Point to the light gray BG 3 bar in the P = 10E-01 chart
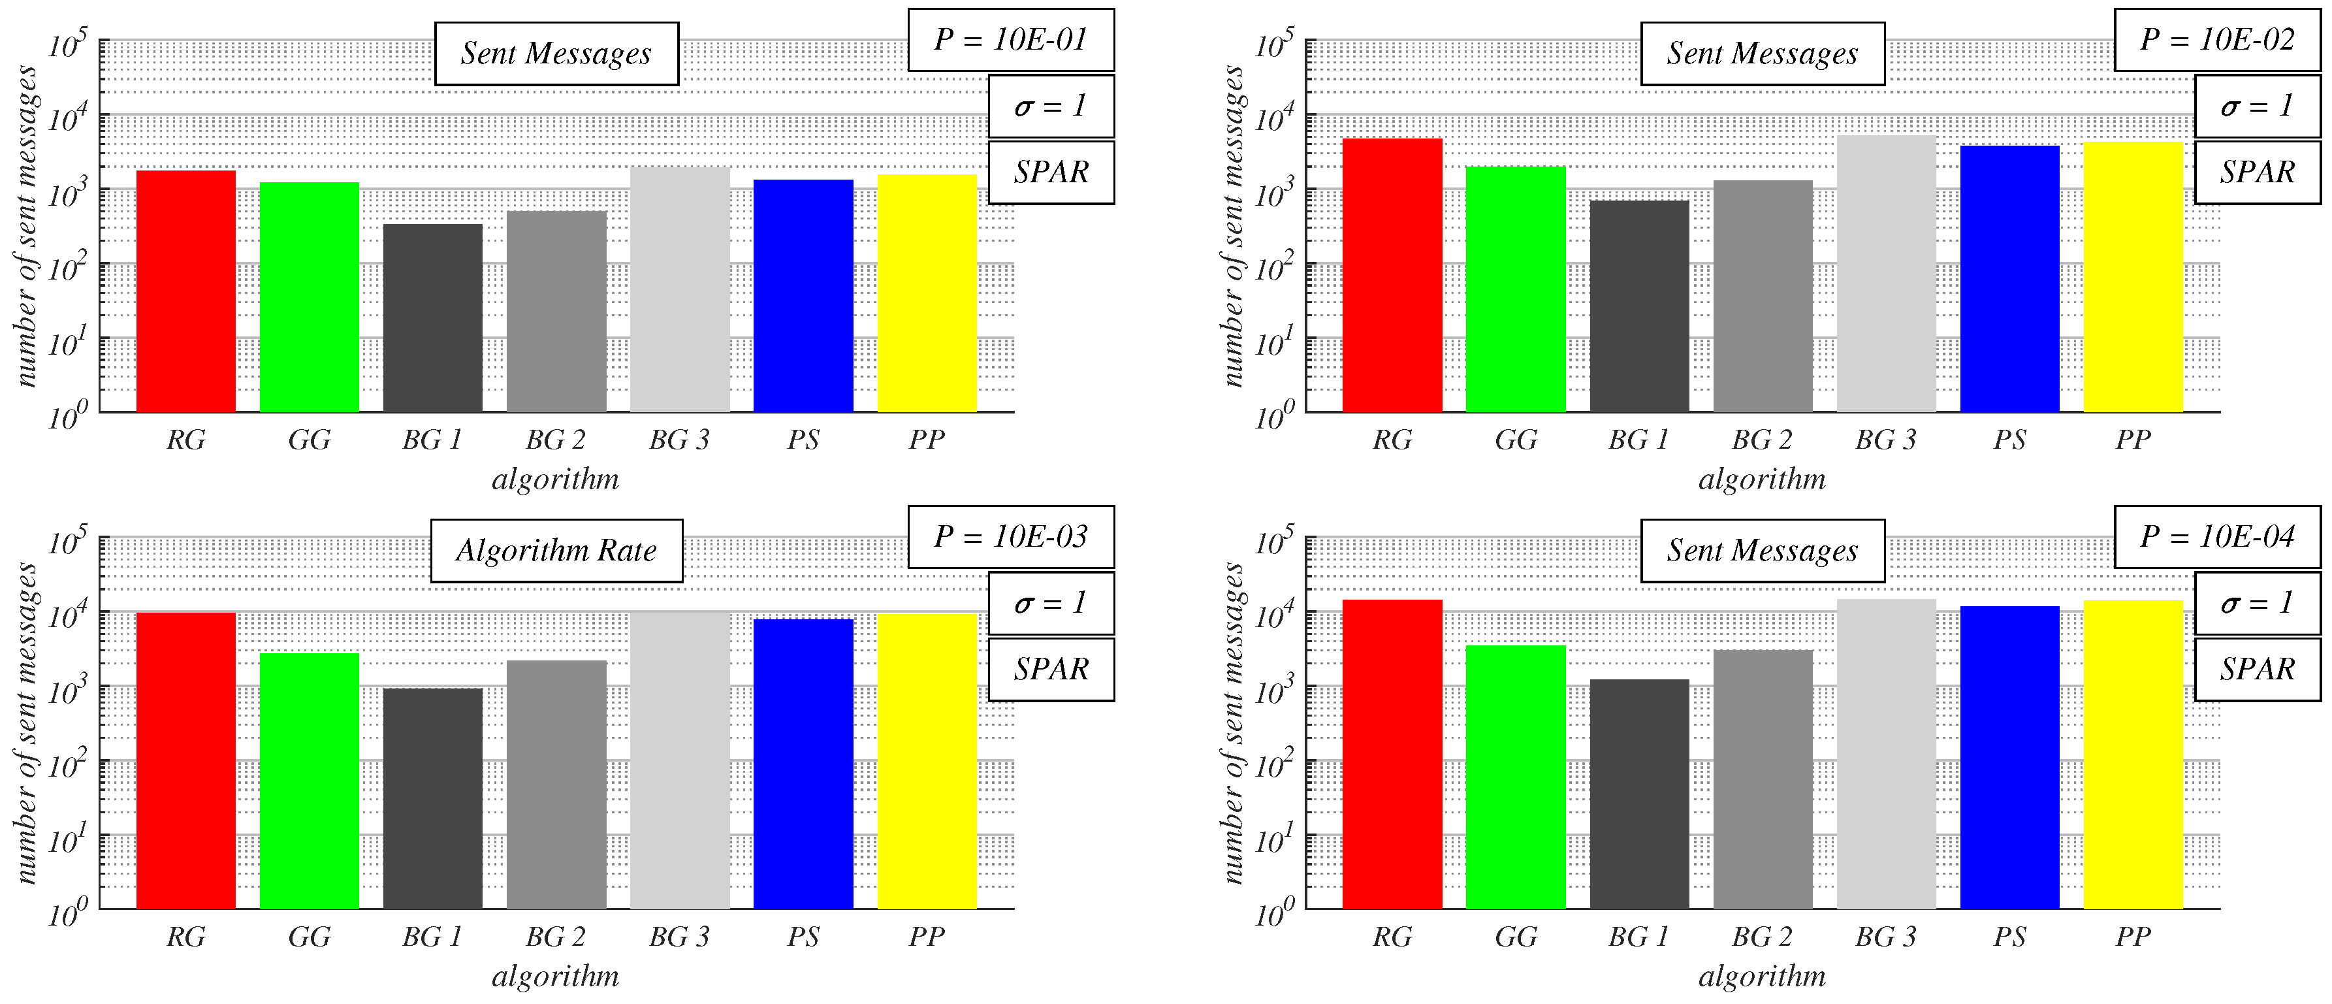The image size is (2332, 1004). (x=680, y=289)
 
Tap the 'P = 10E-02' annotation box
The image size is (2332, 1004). (x=2217, y=40)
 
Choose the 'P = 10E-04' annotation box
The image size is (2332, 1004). (x=2217, y=537)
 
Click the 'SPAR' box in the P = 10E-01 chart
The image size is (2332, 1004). (x=1050, y=172)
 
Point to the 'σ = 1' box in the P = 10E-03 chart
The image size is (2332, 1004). (x=1050, y=603)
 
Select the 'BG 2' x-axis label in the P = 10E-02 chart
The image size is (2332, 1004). (x=1762, y=440)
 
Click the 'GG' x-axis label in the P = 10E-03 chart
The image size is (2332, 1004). (x=310, y=937)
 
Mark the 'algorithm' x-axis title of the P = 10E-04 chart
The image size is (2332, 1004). (x=1762, y=976)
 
